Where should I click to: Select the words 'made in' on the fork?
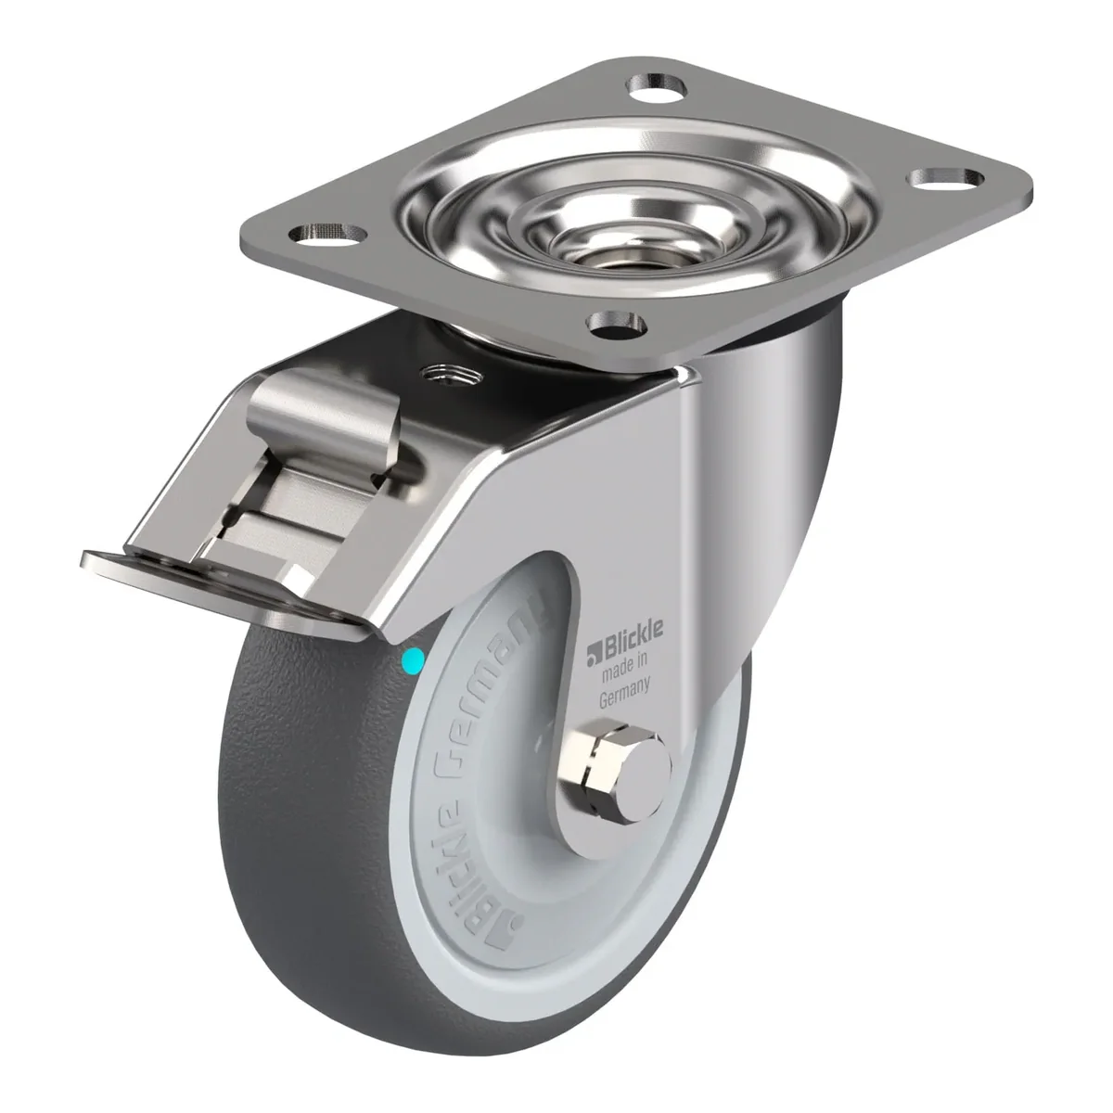click(625, 666)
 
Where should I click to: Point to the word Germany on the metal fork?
click(624, 691)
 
